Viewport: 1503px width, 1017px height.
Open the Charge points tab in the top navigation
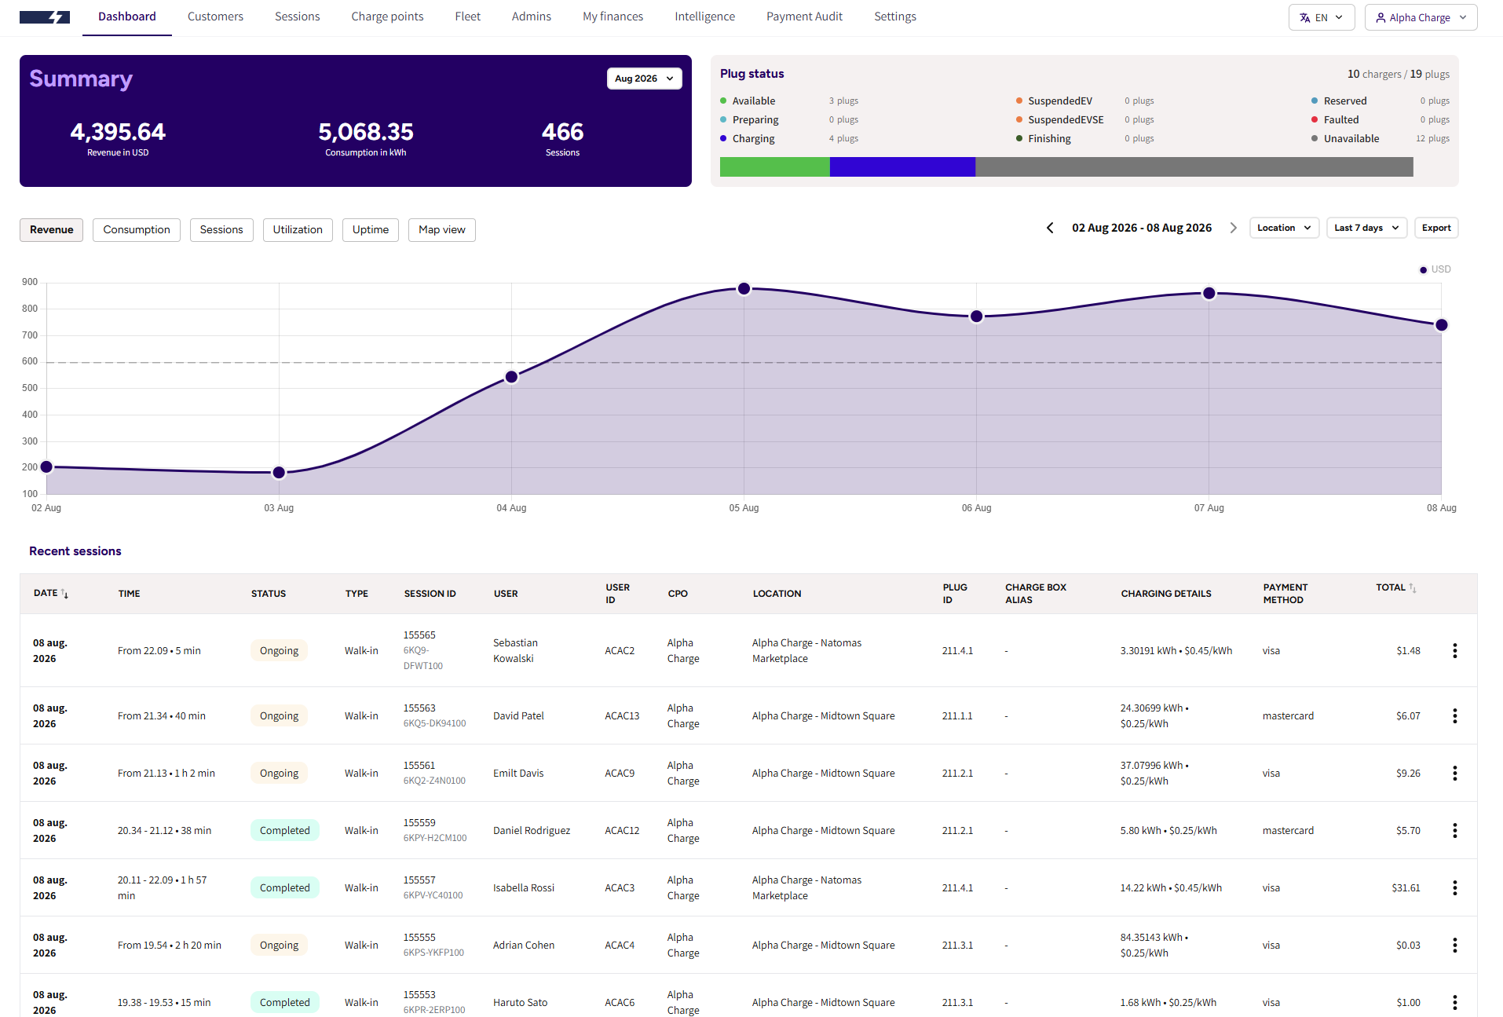coord(387,16)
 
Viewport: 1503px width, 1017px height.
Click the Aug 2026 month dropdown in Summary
coord(644,79)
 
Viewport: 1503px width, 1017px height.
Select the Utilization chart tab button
coord(298,230)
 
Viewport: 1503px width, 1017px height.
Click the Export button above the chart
coord(1436,228)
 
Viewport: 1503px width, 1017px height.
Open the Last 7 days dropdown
coord(1366,228)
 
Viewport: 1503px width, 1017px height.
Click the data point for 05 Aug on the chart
coord(744,289)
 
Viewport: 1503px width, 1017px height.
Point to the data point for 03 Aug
coord(279,473)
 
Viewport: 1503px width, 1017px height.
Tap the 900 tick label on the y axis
coord(30,282)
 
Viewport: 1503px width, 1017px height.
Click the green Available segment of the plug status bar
coord(774,166)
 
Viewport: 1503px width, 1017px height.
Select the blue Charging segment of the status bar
coord(902,166)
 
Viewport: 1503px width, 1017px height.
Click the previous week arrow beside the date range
coord(1050,228)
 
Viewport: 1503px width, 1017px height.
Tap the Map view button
coord(442,230)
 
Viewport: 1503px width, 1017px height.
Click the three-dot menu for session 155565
coord(1455,651)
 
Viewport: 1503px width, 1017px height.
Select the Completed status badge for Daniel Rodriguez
coord(285,831)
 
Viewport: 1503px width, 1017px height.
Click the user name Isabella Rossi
coord(524,888)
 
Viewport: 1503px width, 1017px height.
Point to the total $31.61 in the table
coord(1406,888)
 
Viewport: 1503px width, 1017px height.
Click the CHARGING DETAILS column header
coord(1166,594)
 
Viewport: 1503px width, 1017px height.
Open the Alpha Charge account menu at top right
coord(1421,17)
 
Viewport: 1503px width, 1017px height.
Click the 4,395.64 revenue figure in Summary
coord(118,132)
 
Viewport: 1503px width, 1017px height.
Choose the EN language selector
coord(1322,17)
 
